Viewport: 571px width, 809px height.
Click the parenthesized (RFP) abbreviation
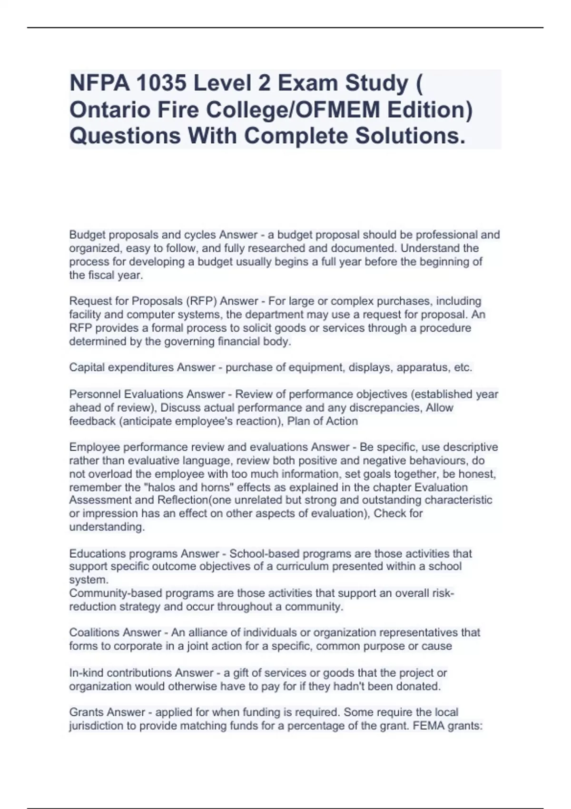(x=201, y=301)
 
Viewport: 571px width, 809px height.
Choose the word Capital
(x=86, y=367)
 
